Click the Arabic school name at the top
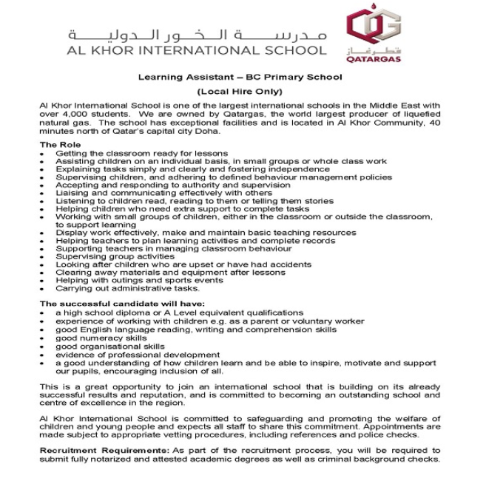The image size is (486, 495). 196,35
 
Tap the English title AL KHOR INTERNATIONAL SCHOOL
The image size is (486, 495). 196,50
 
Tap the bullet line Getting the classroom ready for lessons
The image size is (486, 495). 131,153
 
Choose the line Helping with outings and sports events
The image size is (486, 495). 139,280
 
